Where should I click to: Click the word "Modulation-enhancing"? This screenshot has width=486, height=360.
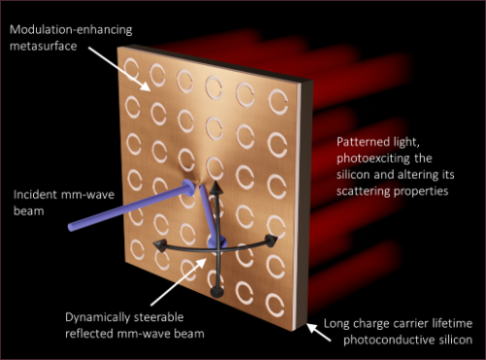click(71, 30)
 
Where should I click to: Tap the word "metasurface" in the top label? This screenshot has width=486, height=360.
click(43, 46)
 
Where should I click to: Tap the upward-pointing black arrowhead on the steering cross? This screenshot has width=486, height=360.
click(215, 187)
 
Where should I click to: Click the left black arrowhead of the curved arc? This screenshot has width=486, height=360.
click(159, 245)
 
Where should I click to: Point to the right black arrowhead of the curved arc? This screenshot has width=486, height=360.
click(271, 240)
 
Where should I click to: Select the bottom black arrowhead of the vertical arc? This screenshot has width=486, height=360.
click(217, 292)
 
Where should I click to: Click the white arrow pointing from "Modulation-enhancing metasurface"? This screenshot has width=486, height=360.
click(119, 69)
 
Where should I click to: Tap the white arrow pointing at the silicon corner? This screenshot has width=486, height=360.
click(319, 332)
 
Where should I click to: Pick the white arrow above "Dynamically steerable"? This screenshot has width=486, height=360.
click(179, 281)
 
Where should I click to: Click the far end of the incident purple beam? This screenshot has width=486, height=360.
click(71, 227)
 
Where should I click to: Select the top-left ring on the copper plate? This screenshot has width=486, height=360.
click(131, 69)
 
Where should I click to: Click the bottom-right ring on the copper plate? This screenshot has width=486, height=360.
click(275, 305)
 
